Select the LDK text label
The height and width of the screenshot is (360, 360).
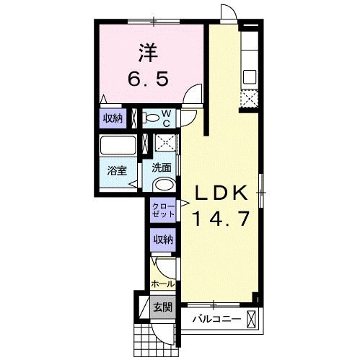(221, 194)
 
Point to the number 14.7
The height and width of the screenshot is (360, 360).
(221, 218)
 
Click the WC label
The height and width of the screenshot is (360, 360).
(165, 118)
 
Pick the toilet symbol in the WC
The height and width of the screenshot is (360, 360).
(153, 117)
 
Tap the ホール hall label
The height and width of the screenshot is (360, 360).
(163, 284)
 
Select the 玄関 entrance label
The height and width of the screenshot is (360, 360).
(162, 307)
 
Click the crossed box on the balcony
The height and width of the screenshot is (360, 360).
(251, 318)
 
